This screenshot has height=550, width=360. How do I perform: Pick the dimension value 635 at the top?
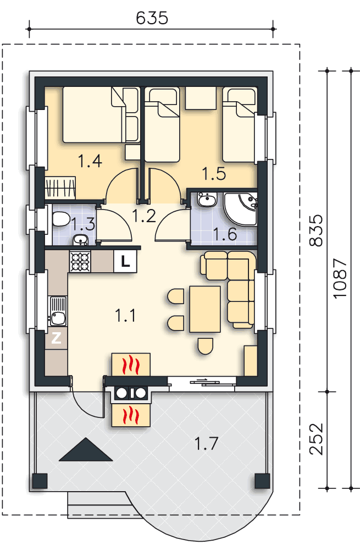(152, 18)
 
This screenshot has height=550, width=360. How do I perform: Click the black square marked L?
(125, 262)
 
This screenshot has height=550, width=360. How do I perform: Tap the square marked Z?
(56, 339)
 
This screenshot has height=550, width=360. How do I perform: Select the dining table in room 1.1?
(204, 309)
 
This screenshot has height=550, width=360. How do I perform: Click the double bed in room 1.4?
(93, 115)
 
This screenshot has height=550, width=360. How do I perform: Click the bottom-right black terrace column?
(261, 481)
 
